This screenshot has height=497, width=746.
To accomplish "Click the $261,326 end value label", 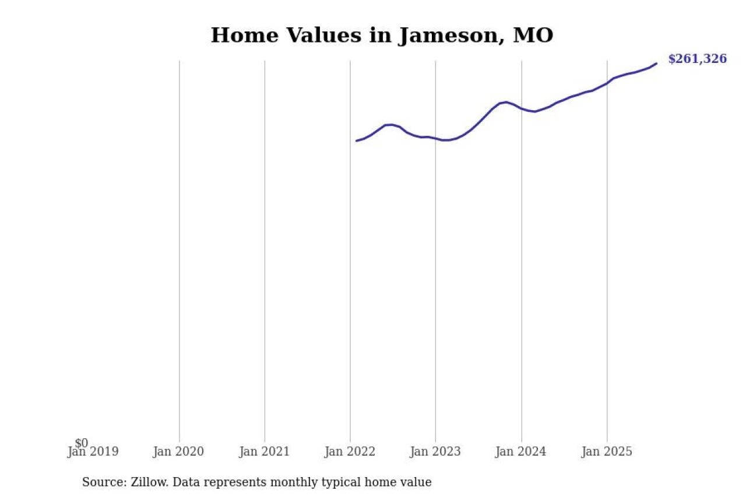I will click(697, 59).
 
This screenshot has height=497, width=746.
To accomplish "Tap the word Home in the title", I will click(237, 36).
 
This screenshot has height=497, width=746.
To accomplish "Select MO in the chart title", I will click(533, 36).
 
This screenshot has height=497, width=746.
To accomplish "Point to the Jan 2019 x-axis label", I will click(93, 452).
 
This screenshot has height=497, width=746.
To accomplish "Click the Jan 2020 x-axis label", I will click(178, 452).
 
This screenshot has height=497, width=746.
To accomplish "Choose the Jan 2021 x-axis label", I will click(264, 452).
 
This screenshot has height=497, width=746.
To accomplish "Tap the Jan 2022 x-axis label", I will click(350, 452).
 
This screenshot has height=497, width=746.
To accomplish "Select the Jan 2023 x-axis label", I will click(435, 452).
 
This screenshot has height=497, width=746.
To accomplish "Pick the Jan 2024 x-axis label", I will click(521, 452).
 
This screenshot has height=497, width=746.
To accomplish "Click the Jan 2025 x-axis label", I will click(607, 452).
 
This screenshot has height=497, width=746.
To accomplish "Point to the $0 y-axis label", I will click(82, 443).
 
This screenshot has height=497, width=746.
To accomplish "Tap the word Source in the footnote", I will click(101, 482).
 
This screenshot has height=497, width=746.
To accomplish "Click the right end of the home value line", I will click(657, 63).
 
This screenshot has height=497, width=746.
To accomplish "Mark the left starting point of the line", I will click(357, 140).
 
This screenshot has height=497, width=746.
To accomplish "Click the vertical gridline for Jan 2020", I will click(179, 251).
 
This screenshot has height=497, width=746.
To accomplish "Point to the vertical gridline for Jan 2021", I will click(265, 251).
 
